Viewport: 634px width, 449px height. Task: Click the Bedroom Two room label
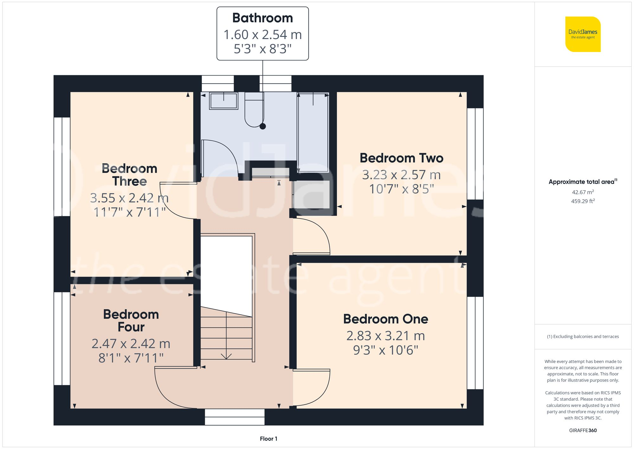point(401,158)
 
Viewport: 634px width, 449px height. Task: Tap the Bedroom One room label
point(385,319)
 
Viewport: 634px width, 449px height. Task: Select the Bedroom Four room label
point(131,320)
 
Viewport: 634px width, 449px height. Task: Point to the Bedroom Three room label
point(129,175)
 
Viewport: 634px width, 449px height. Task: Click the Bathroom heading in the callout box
point(262,18)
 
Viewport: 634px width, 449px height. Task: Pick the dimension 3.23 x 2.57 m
point(401,175)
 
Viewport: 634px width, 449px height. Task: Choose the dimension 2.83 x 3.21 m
point(385,336)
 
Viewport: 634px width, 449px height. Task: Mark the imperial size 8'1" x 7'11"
point(131,358)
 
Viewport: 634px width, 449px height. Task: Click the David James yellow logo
point(583,34)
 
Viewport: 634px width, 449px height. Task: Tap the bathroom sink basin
point(223,101)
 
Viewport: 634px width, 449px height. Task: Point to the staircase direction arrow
point(226,356)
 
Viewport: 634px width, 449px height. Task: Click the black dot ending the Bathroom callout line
point(262,126)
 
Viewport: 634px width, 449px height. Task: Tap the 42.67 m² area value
point(583,192)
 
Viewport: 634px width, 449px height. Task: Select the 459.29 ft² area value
point(583,201)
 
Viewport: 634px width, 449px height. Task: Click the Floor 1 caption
point(268,439)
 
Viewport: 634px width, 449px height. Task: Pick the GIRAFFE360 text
point(583,431)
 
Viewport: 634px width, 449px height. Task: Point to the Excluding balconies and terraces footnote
point(583,337)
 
